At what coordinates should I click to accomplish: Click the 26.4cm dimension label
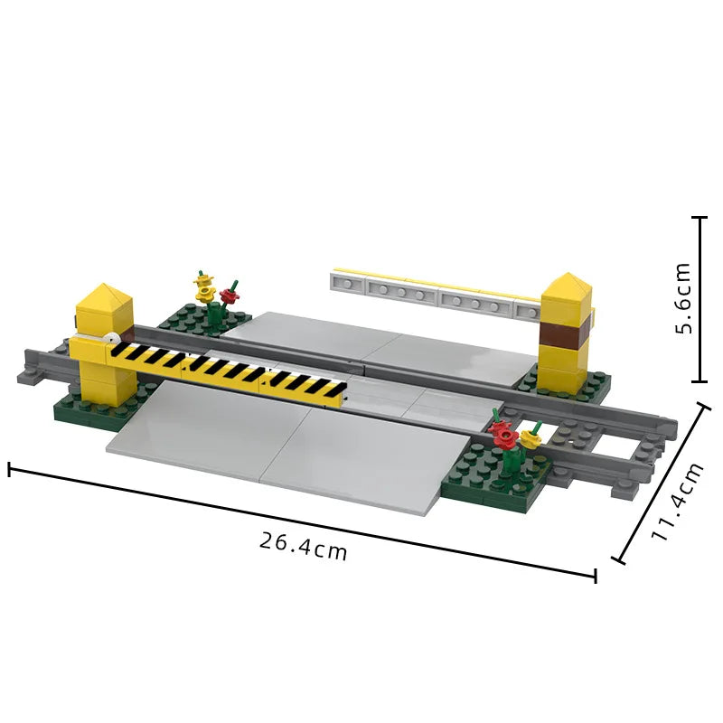pyautogui.click(x=303, y=546)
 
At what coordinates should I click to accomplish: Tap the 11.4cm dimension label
pyautogui.click(x=678, y=502)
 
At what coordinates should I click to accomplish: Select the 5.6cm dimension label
pyautogui.click(x=683, y=298)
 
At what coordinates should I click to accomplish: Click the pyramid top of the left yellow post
pyautogui.click(x=104, y=296)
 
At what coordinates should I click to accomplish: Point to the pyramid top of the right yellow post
pyautogui.click(x=567, y=285)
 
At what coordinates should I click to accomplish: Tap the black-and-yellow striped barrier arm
pyautogui.click(x=226, y=370)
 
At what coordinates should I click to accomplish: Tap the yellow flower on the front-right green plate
pyautogui.click(x=530, y=439)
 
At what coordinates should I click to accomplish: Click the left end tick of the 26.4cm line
pyautogui.click(x=10, y=469)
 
